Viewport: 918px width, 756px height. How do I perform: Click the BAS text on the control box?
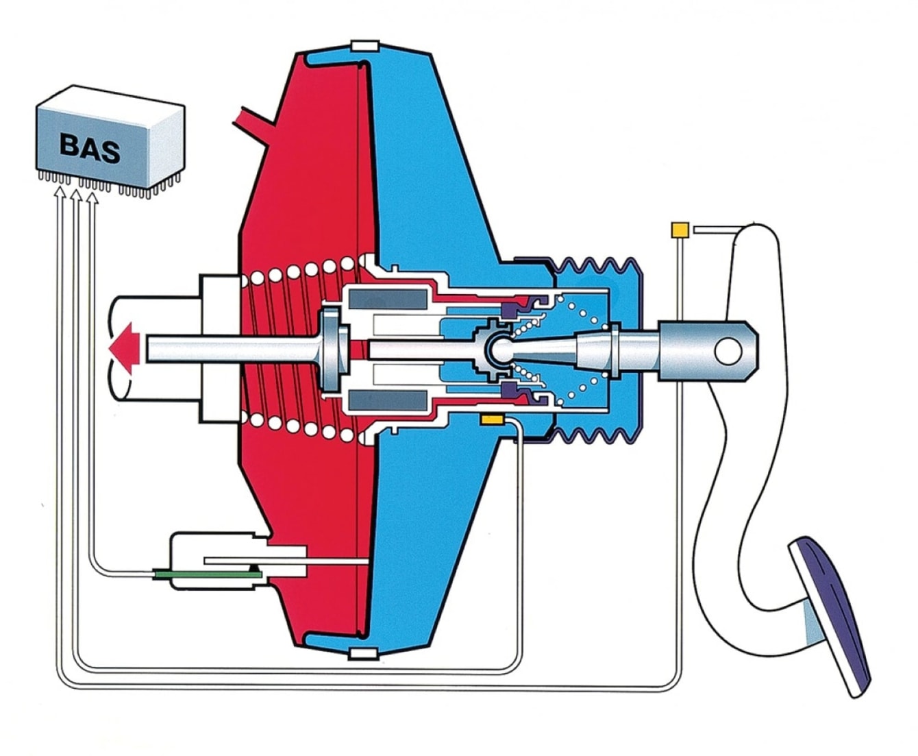coord(90,149)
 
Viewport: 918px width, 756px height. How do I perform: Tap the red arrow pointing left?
coord(125,348)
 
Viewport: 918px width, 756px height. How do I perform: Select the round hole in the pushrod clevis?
coord(728,352)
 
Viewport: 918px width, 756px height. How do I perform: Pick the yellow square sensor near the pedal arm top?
coord(680,230)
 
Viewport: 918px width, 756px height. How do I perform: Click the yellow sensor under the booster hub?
coord(492,419)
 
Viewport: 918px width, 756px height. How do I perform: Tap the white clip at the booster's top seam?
coord(365,46)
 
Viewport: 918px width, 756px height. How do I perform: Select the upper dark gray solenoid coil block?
coord(388,299)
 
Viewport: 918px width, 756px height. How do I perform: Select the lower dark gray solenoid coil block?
coord(388,401)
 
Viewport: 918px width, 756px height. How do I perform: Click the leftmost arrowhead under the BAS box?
coord(60,192)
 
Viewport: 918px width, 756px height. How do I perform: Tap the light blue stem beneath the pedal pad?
coord(812,624)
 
